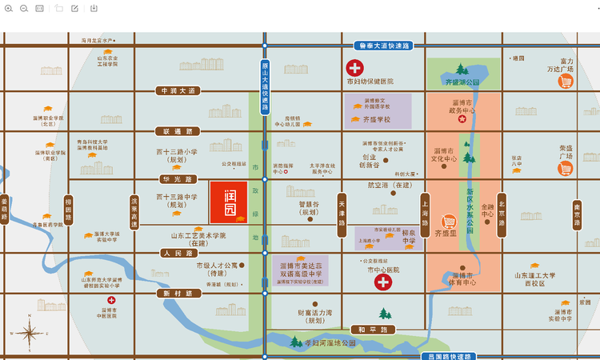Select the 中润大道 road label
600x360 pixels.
(x=178, y=91)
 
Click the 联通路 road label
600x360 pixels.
(x=178, y=130)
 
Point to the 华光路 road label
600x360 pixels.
(x=178, y=179)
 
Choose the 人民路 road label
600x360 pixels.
(x=178, y=253)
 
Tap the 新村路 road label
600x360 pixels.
(x=178, y=294)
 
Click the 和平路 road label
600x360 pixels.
(x=373, y=329)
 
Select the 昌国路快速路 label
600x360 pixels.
(x=448, y=356)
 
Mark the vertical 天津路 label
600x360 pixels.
(x=342, y=214)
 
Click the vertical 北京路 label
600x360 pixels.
(x=502, y=214)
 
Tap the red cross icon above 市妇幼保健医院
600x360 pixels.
(x=354, y=69)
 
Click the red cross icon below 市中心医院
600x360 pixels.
(x=383, y=282)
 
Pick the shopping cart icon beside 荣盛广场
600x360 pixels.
(x=566, y=169)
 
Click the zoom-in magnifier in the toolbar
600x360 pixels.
(x=8, y=8)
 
